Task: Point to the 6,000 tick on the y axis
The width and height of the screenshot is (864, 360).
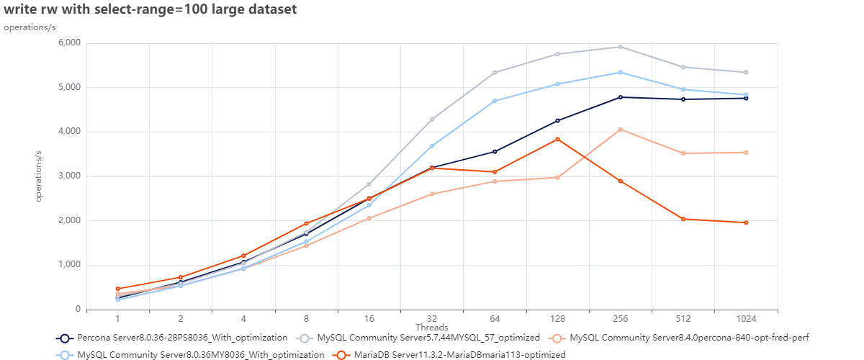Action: (68, 43)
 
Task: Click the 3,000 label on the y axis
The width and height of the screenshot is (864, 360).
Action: (68, 176)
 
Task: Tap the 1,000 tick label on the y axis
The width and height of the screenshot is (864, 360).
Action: (68, 265)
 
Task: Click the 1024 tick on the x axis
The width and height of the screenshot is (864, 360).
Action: (746, 318)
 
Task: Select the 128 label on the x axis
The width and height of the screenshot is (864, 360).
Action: (557, 318)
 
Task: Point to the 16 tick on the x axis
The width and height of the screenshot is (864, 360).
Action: (369, 318)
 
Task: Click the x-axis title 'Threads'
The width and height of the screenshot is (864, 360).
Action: (432, 327)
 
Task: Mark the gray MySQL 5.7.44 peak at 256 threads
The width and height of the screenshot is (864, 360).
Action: (621, 47)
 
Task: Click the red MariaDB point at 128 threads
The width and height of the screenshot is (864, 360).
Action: (557, 139)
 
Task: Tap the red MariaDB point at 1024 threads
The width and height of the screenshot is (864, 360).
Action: (746, 222)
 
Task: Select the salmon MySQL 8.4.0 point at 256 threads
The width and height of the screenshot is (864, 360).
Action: (621, 130)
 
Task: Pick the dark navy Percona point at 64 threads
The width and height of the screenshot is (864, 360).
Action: (495, 151)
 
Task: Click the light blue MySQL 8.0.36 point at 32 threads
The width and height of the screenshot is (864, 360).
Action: (432, 145)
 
